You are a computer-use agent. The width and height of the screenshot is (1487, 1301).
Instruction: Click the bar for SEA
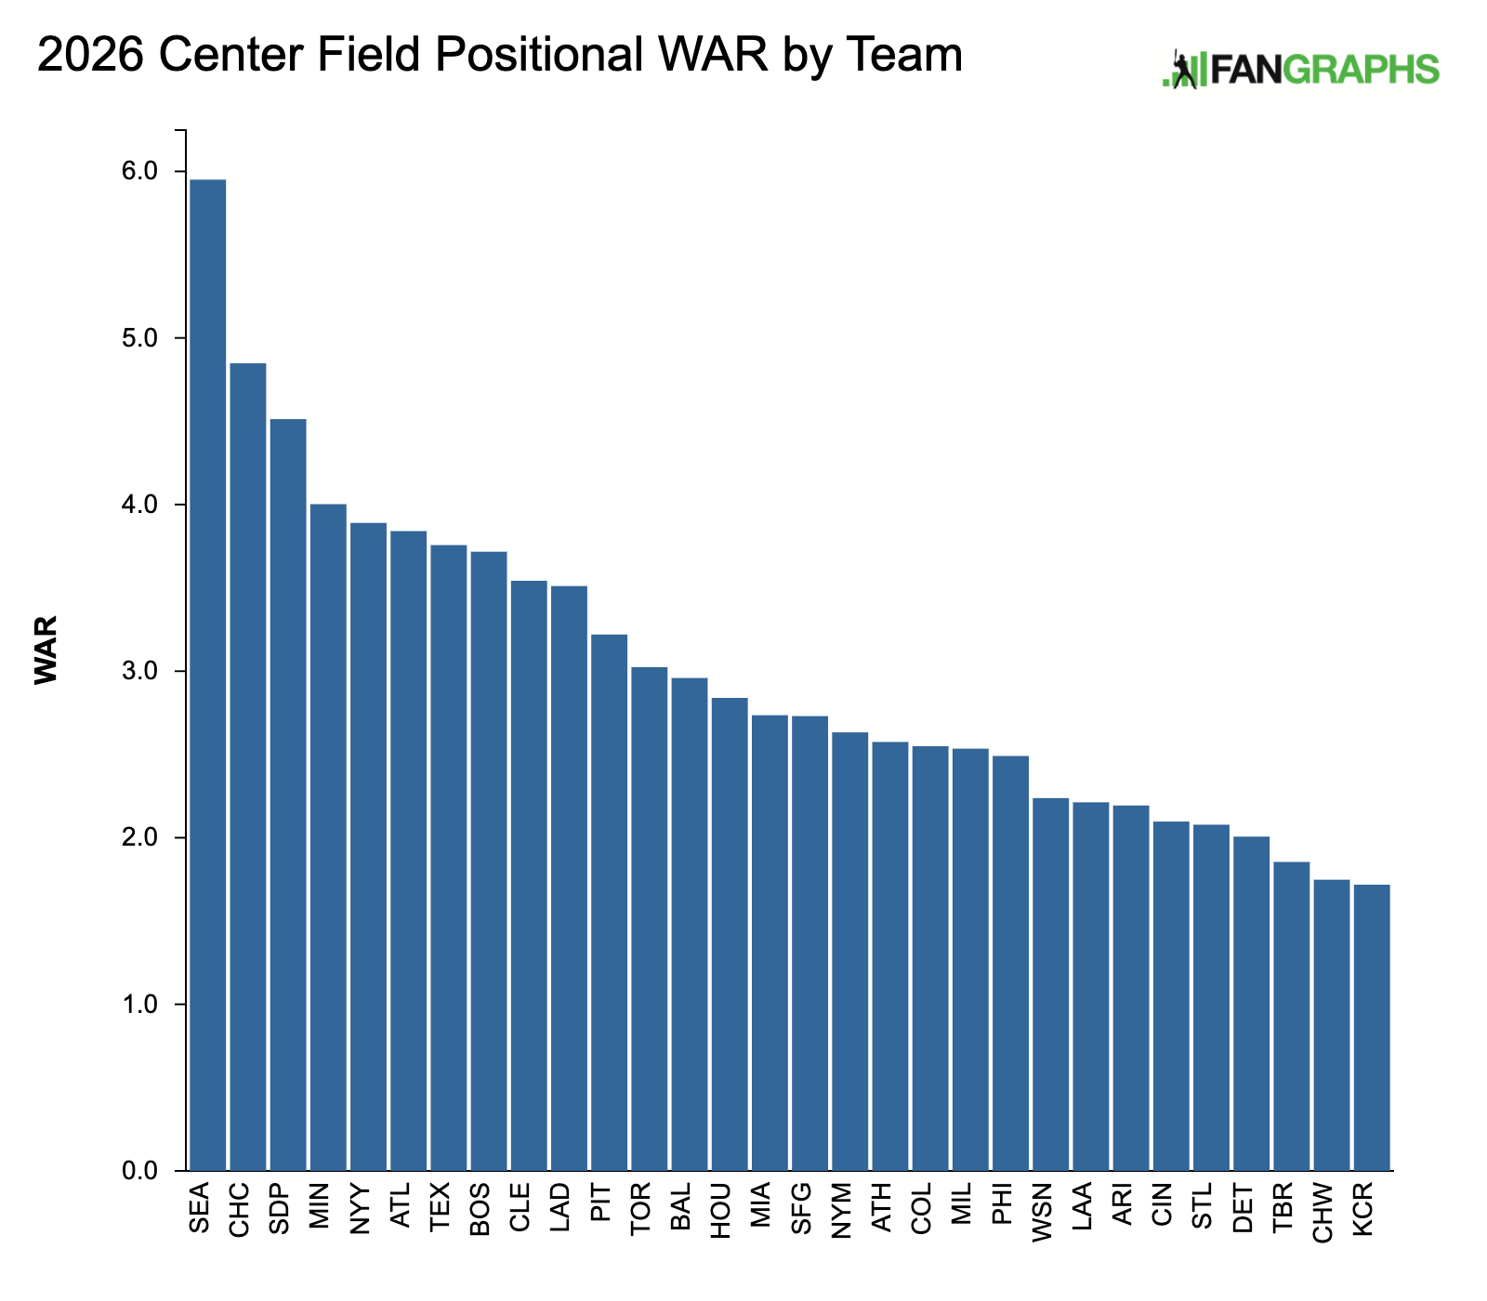click(x=207, y=675)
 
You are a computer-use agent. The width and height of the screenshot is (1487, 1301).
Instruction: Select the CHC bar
click(x=247, y=767)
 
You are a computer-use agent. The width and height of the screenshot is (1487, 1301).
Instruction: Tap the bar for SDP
click(x=288, y=795)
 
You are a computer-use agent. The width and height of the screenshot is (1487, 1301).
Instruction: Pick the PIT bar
click(x=610, y=902)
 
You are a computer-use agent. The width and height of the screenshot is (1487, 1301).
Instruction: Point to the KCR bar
click(x=1372, y=1027)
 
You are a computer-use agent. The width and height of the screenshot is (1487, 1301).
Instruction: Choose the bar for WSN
click(x=1050, y=984)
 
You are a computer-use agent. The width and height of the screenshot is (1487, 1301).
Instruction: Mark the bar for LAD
click(x=569, y=878)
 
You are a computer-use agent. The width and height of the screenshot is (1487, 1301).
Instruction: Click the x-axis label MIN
click(x=321, y=1206)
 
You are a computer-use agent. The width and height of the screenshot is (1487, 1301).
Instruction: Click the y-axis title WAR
click(x=46, y=650)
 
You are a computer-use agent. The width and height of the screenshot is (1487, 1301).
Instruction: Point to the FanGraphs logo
click(x=1301, y=70)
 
